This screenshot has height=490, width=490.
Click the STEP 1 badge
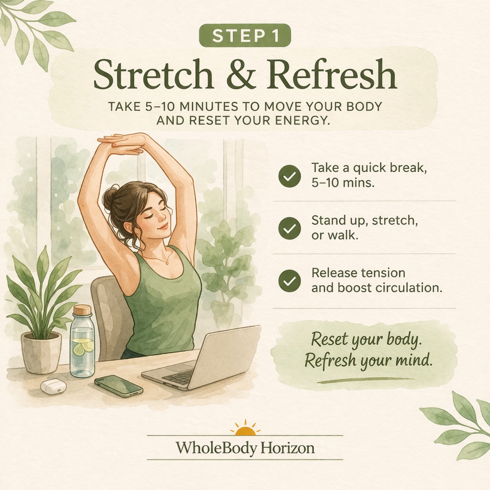[x=245, y=35]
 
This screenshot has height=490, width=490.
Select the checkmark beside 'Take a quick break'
[x=289, y=176]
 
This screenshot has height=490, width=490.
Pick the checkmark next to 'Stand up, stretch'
[x=289, y=228]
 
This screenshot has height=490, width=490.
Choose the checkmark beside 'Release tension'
[x=289, y=281]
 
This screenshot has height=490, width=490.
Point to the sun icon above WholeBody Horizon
[x=245, y=428]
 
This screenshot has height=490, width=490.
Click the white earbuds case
[x=51, y=387]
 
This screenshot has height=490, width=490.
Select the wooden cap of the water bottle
[x=83, y=310]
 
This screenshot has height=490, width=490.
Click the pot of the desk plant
[x=41, y=352]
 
